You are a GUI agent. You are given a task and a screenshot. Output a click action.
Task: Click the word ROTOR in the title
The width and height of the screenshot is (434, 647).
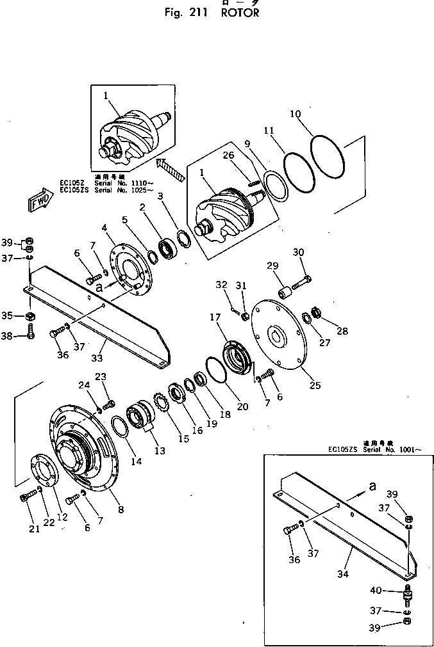[x=240, y=13]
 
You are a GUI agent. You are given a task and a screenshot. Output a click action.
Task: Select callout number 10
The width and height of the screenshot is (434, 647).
[x=295, y=115]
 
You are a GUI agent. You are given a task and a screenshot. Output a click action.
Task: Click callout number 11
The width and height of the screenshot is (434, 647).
[x=269, y=131]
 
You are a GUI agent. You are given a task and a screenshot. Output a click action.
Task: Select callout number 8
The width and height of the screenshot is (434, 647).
[x=121, y=509]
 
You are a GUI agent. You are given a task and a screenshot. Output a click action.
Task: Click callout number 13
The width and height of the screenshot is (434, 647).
[x=159, y=451]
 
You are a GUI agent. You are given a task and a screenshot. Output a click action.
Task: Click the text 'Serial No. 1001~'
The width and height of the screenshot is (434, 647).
[x=392, y=451]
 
